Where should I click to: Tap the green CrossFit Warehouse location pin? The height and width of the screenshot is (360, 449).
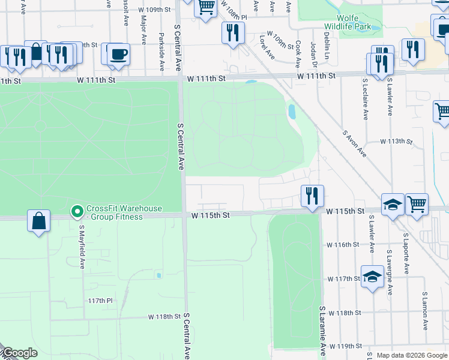(x=77, y=211)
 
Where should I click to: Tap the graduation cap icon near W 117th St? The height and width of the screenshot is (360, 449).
(x=372, y=277)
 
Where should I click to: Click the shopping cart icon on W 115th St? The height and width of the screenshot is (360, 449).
(x=417, y=204)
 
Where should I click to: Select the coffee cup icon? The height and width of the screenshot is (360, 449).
(x=118, y=55)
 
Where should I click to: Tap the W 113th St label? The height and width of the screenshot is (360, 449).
(x=397, y=142)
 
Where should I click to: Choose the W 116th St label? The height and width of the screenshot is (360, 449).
(x=343, y=245)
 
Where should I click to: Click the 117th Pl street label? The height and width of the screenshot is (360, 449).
(x=100, y=300)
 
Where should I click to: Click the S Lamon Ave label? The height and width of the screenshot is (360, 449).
(x=424, y=311)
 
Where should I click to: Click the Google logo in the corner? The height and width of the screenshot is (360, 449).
(x=20, y=353)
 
